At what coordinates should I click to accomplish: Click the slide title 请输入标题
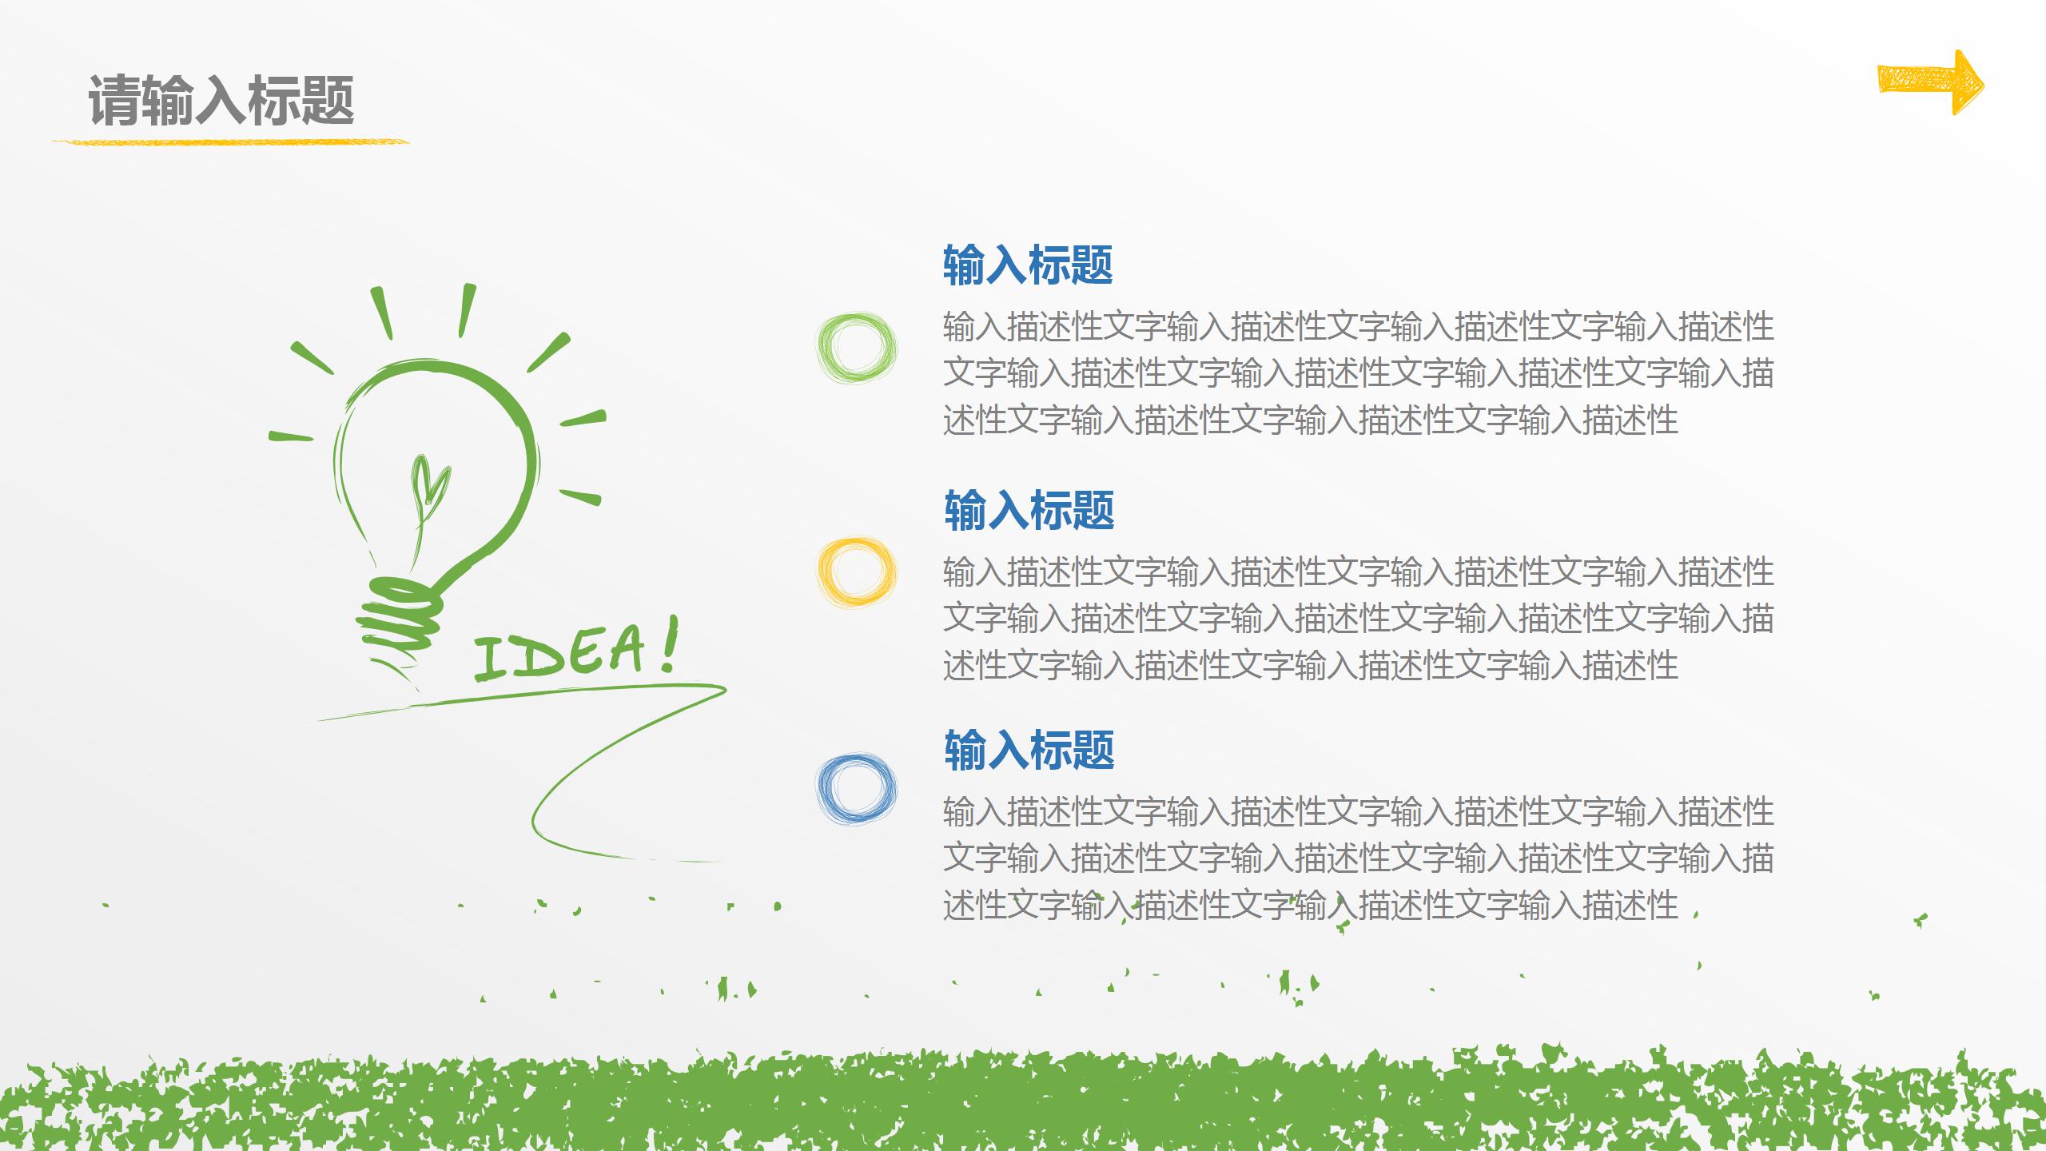point(221,101)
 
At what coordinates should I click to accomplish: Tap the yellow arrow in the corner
point(1928,82)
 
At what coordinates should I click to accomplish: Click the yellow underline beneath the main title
point(230,142)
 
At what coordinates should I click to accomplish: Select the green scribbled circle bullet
point(856,348)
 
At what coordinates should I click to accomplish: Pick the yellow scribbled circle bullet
point(856,572)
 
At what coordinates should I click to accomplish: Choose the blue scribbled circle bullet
point(856,789)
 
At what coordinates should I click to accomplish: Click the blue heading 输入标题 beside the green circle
point(1028,265)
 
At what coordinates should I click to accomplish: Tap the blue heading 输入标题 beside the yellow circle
point(1029,510)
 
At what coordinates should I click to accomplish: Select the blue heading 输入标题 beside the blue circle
point(1029,750)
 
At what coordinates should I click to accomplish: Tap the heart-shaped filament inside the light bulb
point(429,484)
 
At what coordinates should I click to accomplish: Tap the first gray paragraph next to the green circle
point(1357,373)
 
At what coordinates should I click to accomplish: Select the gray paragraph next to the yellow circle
point(1357,618)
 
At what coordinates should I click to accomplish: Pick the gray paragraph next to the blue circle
point(1357,858)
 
